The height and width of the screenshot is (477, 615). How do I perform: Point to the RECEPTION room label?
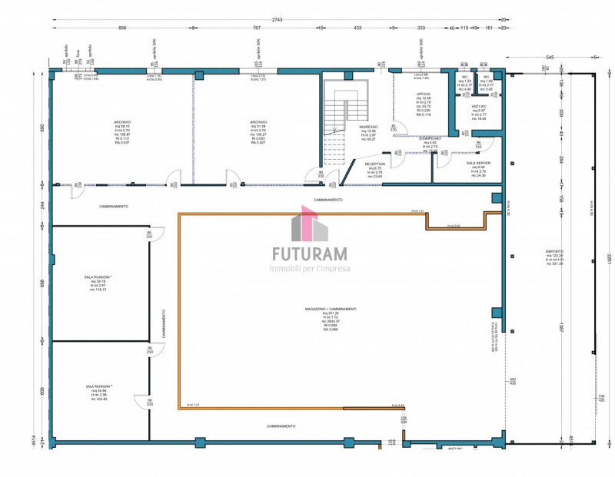click(374, 164)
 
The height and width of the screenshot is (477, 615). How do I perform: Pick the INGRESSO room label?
click(368, 127)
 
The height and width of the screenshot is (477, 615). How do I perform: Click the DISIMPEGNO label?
click(430, 138)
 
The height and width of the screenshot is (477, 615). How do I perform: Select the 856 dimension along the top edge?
click(121, 28)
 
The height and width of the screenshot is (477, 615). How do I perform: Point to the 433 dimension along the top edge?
click(357, 28)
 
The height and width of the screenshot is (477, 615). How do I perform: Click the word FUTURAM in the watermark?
click(310, 253)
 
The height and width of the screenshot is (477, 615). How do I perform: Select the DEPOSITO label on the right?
click(554, 250)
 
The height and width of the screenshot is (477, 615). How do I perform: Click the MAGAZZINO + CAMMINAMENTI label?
click(331, 309)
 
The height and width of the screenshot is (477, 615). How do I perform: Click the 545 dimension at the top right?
click(550, 58)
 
